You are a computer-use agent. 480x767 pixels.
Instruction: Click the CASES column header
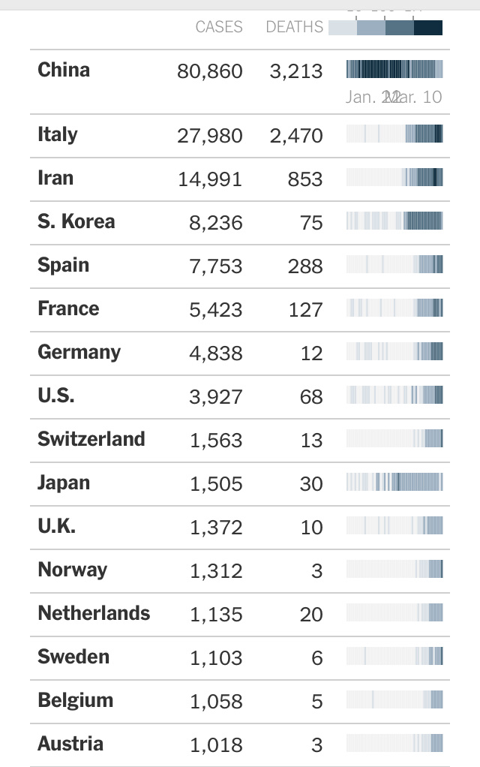(x=219, y=27)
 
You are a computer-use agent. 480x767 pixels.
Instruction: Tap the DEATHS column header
(x=295, y=27)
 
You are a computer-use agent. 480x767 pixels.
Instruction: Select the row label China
(x=64, y=70)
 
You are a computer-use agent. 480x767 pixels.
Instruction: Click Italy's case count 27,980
(x=210, y=136)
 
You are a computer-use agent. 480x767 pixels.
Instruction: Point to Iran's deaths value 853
(x=305, y=179)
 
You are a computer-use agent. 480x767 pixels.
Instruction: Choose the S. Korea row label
(x=76, y=221)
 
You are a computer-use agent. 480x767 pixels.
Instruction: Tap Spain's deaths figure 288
(x=305, y=266)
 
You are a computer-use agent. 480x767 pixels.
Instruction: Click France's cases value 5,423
(x=216, y=310)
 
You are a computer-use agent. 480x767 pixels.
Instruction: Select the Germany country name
(x=79, y=352)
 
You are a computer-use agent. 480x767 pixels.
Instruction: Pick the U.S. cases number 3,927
(x=216, y=397)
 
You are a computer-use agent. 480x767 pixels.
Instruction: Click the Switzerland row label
(x=91, y=439)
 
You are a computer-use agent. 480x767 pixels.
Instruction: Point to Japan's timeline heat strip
(x=394, y=482)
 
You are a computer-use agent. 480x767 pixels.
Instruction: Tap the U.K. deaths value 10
(x=311, y=528)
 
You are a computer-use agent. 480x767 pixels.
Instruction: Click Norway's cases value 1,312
(x=216, y=571)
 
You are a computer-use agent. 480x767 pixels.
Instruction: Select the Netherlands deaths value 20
(x=311, y=615)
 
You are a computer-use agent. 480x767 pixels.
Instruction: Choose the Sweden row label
(x=73, y=657)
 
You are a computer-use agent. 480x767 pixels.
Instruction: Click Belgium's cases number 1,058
(x=216, y=702)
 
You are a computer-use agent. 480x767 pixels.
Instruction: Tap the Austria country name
(x=70, y=744)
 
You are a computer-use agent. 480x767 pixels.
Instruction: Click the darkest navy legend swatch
(x=428, y=28)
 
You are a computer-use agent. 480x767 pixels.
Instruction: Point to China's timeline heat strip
(x=394, y=70)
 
